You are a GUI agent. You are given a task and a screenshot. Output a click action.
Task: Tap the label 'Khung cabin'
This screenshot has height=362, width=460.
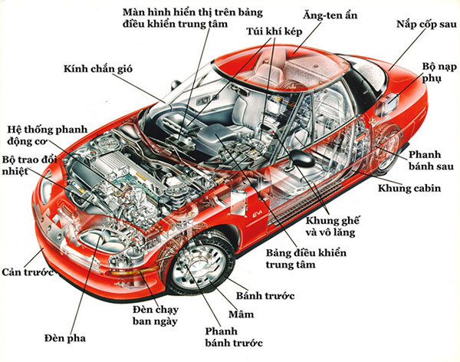point(409,186)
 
